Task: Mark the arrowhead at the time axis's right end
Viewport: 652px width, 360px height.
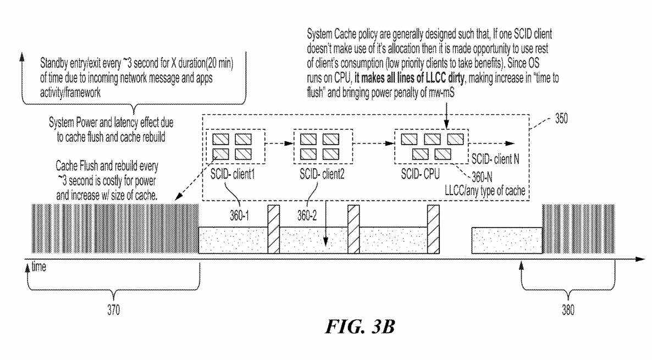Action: click(x=639, y=258)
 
